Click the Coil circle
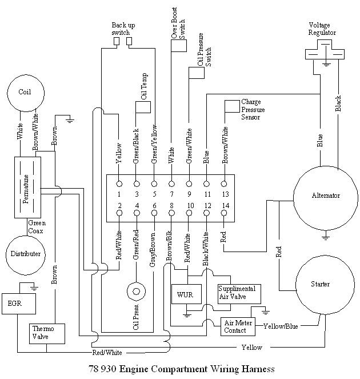tap(24, 92)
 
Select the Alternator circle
tap(326, 196)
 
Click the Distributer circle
tap(25, 253)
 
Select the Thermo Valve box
tap(41, 333)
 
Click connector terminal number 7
tap(171, 184)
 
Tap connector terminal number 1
tap(119, 184)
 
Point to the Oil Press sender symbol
tap(137, 290)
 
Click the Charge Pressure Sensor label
tap(252, 109)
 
